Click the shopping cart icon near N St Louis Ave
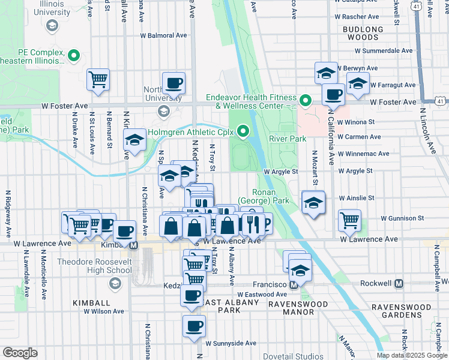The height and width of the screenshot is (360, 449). pyautogui.click(x=98, y=79)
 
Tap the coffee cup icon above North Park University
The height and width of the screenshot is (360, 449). pyautogui.click(x=173, y=83)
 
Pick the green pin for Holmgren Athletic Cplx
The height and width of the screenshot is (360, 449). pyautogui.click(x=243, y=130)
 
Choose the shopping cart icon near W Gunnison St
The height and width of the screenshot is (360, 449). pyautogui.click(x=349, y=220)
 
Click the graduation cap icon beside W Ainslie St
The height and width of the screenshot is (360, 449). pyautogui.click(x=313, y=202)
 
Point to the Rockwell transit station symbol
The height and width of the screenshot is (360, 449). pyautogui.click(x=399, y=283)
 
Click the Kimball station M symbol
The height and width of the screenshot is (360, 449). pyautogui.click(x=134, y=245)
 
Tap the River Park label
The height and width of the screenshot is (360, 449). pyautogui.click(x=288, y=139)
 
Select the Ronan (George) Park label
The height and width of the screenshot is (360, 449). pyautogui.click(x=263, y=196)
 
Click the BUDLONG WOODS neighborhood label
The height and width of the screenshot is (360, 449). pyautogui.click(x=363, y=33)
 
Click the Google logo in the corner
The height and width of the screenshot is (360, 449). pyautogui.click(x=20, y=353)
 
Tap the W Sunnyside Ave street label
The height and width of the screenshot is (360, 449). pyautogui.click(x=231, y=343)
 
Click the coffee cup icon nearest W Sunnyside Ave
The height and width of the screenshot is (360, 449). pyautogui.click(x=194, y=326)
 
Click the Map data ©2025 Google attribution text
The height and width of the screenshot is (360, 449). pyautogui.click(x=411, y=355)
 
